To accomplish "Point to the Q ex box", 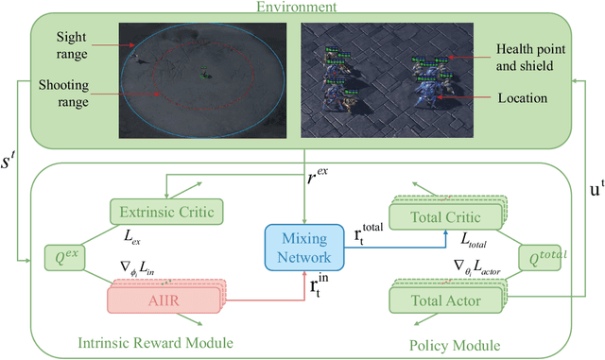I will pos(63,256).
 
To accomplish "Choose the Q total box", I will pos(548,255).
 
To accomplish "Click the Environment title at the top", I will pos(302,8).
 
